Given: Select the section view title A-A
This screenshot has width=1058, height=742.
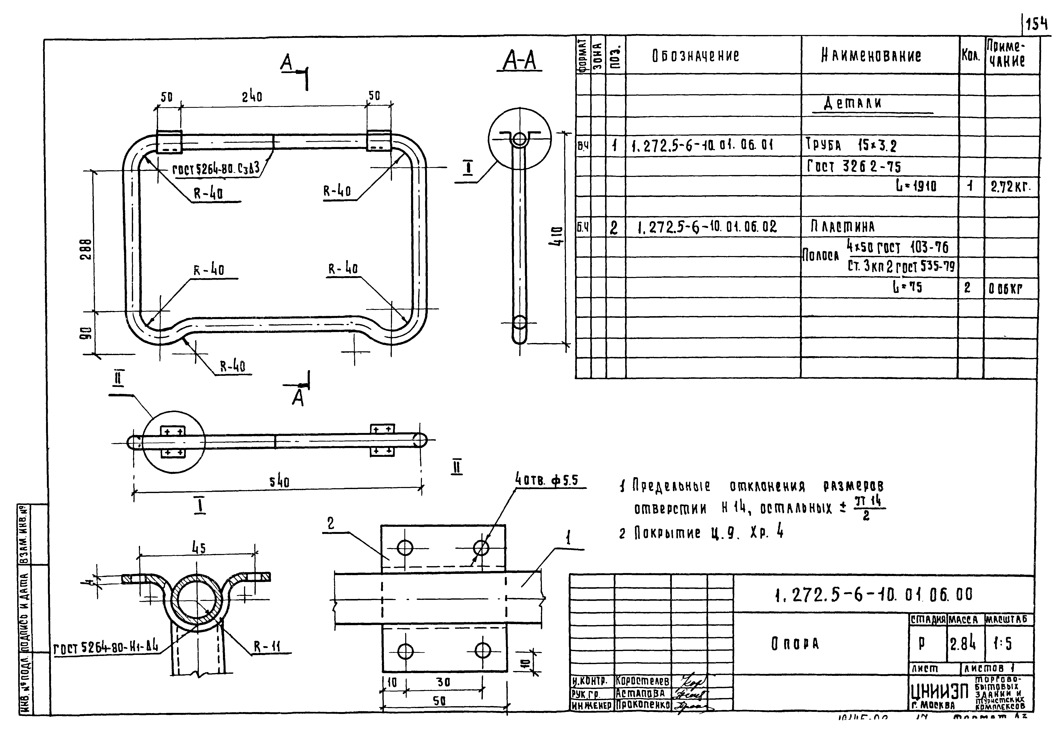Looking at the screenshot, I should tap(519, 61).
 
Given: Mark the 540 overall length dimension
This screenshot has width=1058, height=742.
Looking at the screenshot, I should tap(279, 482).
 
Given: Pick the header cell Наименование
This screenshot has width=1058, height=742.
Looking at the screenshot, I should tap(871, 56).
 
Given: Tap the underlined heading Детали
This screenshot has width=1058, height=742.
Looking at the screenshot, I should tap(852, 103).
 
